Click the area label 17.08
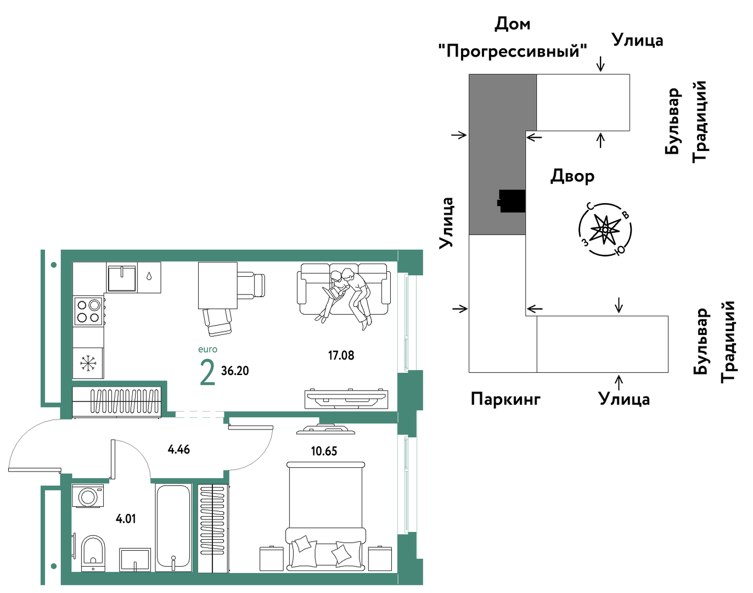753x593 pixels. tap(341, 356)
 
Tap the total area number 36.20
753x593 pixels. tap(235, 371)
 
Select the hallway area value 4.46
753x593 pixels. tap(178, 449)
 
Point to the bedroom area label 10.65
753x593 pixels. tap(324, 451)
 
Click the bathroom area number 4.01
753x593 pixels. tap(126, 519)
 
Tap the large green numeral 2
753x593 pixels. tap(207, 373)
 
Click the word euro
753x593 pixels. tap(207, 349)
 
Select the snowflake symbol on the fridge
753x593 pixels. tap(88, 363)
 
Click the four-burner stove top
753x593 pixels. tap(88, 311)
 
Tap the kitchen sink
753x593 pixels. tap(122, 278)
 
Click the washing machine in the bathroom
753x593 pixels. tap(88, 496)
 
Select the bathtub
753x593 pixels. tap(173, 528)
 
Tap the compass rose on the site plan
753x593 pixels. tap(605, 230)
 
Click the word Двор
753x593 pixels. tap(572, 176)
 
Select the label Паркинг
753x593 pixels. tap(505, 399)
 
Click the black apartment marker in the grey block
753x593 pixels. tap(512, 201)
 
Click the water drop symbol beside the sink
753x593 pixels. tap(149, 277)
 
